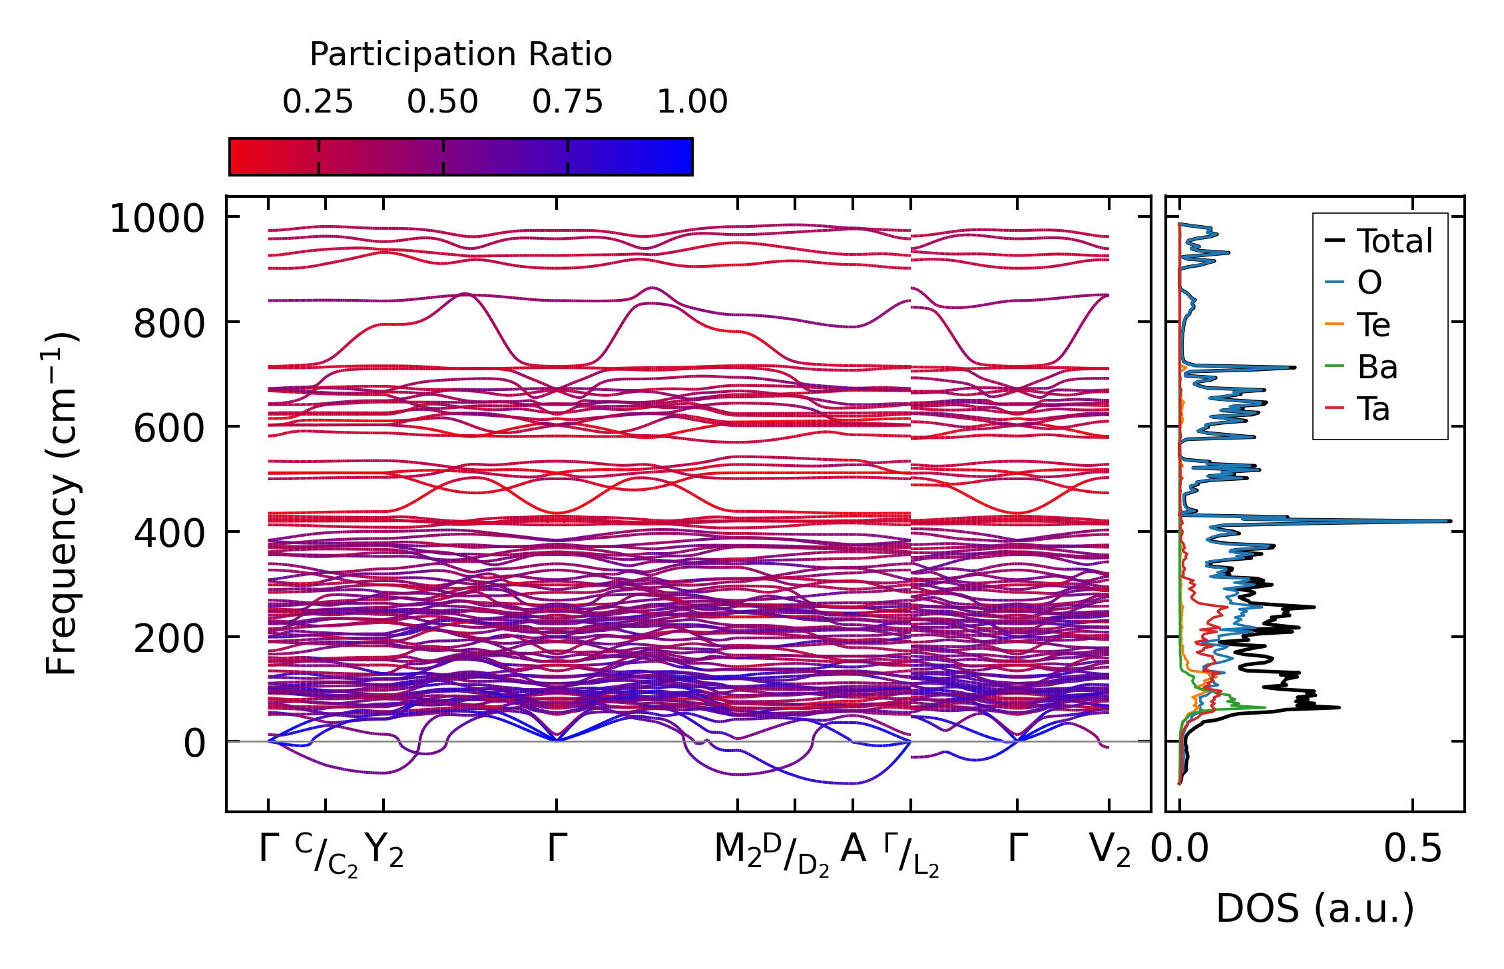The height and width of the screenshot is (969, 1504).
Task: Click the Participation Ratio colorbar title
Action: point(461,55)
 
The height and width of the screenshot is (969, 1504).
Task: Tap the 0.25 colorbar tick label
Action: point(318,102)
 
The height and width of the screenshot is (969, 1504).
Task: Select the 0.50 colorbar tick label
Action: point(443,102)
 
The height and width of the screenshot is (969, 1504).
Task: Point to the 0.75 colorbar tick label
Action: point(567,102)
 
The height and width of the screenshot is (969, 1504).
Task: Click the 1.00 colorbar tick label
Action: point(692,102)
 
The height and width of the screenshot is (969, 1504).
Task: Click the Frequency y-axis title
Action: point(61,503)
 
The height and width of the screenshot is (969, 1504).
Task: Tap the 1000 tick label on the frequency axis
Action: point(157,219)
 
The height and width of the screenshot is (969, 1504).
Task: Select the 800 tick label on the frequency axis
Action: point(169,324)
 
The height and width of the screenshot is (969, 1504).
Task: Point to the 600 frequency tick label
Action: point(169,428)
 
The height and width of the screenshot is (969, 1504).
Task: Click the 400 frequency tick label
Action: point(169,533)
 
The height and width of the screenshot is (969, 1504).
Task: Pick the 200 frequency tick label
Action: point(169,638)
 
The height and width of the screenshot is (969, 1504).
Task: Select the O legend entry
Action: point(1370,283)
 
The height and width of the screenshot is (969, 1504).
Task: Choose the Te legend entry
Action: point(1374,325)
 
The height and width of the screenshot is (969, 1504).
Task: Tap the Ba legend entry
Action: point(1377,367)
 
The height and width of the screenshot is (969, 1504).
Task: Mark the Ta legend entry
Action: point(1374,409)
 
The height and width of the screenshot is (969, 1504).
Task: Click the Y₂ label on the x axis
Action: point(385,850)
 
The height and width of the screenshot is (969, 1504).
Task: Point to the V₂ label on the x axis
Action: point(1110,850)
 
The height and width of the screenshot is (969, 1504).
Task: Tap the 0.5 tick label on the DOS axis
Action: point(1412,849)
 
